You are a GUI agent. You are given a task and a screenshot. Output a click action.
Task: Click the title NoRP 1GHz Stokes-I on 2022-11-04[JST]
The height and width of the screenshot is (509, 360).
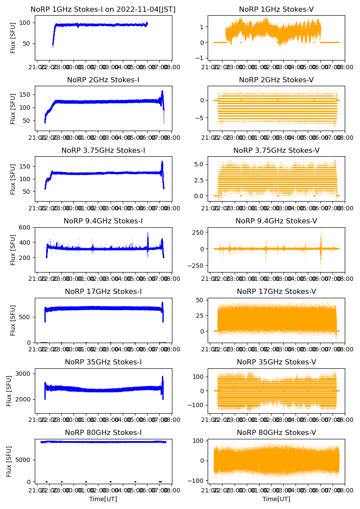103,10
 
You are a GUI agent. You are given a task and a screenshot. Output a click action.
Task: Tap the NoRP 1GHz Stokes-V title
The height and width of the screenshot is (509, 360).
276,10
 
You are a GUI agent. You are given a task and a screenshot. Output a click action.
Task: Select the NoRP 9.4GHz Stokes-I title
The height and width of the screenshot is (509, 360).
103,221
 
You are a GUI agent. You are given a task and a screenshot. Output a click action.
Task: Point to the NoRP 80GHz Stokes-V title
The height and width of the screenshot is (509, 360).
276,433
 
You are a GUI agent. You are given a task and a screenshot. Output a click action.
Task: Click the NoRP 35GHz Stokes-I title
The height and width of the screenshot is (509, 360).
103,362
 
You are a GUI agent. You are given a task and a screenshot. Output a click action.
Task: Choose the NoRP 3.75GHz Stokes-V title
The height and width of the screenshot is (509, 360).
276,151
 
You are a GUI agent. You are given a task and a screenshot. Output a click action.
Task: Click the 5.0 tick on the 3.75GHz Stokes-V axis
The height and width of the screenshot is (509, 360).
199,164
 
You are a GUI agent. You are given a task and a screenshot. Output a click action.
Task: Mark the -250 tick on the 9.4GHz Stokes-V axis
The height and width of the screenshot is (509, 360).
196,266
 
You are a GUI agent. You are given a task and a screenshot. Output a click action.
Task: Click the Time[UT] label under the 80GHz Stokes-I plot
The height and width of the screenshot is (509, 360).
103,499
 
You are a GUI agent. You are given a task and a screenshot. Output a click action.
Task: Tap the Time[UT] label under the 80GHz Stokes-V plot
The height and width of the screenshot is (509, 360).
276,499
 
